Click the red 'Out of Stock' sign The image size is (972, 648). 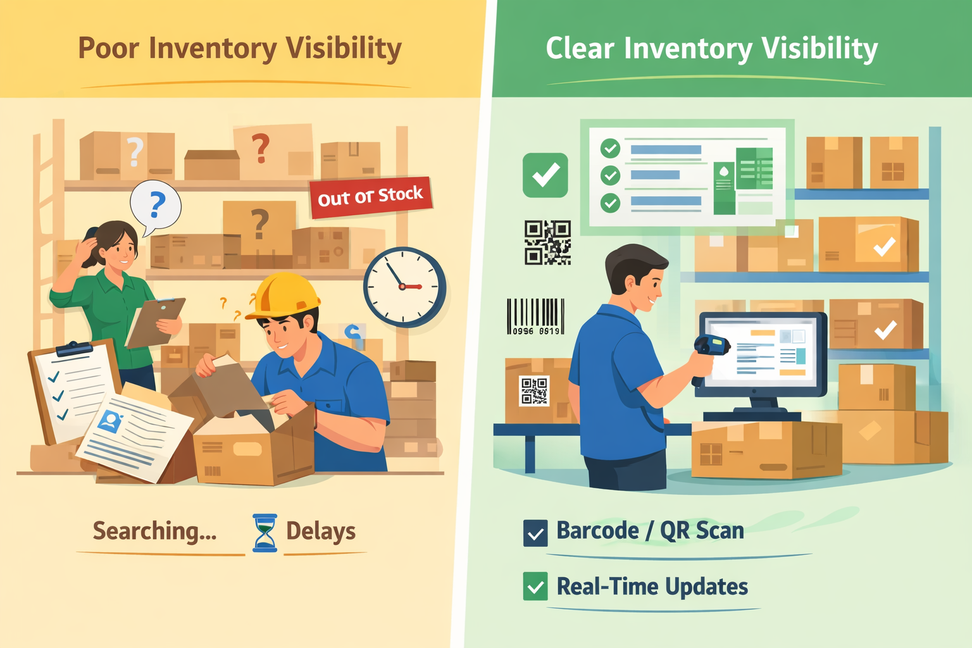tap(370, 197)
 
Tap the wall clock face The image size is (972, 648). tap(404, 287)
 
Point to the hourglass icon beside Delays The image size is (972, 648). tap(265, 532)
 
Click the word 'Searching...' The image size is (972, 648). tap(155, 531)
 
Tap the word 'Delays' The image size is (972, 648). tap(321, 531)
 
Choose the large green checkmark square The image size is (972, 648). tap(545, 175)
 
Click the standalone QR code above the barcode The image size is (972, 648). tap(547, 242)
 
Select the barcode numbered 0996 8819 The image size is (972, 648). tap(535, 316)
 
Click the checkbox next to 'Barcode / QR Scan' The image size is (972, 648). tap(535, 533)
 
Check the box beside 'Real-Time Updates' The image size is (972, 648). tap(535, 587)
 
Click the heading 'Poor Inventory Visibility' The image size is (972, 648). tap(240, 48)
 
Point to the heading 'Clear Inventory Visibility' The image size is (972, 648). tap(711, 48)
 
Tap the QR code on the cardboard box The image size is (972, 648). tap(535, 390)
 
